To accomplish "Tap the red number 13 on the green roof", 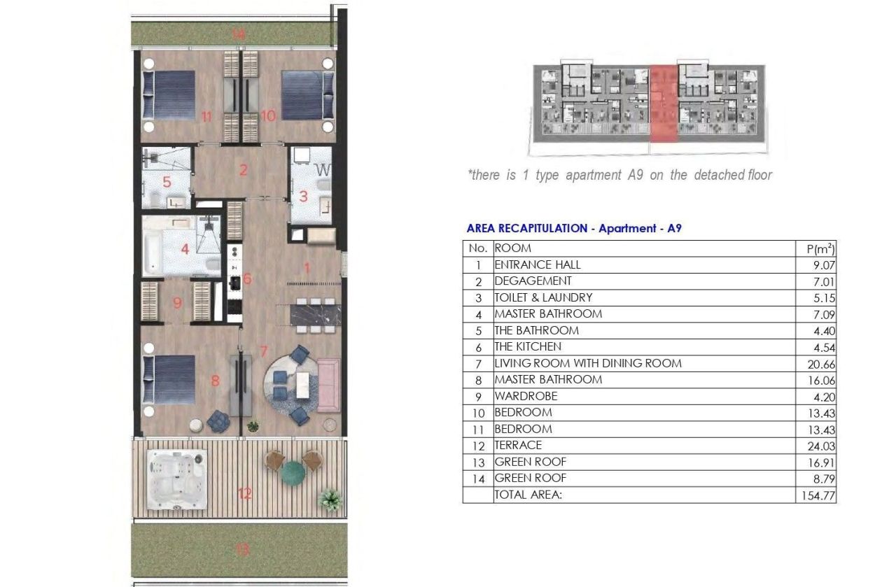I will tap(242, 550).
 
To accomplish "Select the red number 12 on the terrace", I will tap(244, 494).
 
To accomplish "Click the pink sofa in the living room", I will tap(329, 385).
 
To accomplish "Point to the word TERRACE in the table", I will tap(518, 445).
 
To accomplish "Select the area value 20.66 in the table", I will tap(822, 365).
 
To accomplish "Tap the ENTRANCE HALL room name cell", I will tap(538, 264).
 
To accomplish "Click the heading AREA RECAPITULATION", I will tap(527, 228).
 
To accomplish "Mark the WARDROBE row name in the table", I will tap(526, 396).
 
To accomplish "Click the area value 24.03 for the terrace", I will tap(822, 446).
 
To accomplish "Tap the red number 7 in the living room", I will tap(263, 351).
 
